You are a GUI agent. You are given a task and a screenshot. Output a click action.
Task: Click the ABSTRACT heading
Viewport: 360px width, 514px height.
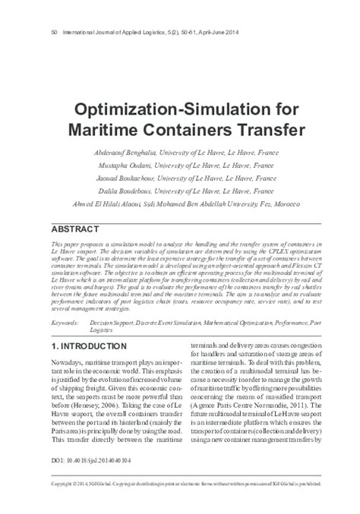[x=74, y=229]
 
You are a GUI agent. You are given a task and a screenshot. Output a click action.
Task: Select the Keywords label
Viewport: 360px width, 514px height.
[x=67, y=301]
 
